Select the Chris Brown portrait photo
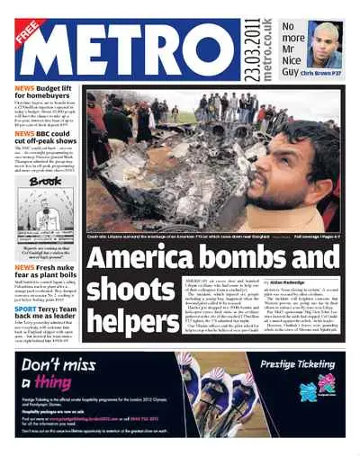(x=324, y=46)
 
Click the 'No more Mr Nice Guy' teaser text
(x=293, y=45)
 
